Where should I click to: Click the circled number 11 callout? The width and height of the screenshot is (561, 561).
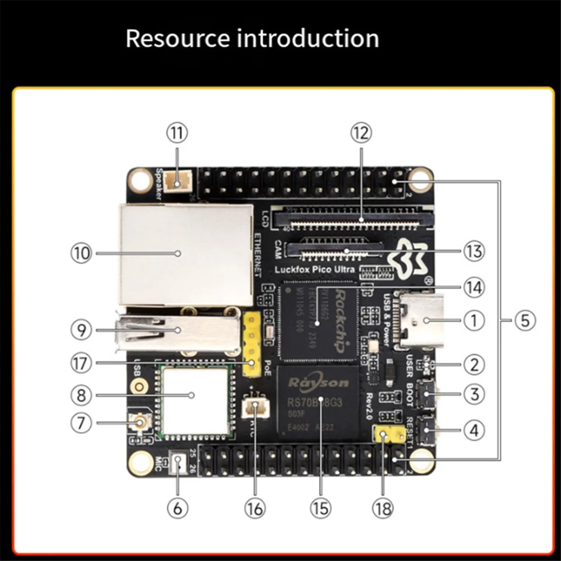click(177, 133)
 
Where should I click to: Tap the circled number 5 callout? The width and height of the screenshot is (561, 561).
click(525, 321)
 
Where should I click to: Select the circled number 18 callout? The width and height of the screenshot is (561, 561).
click(383, 508)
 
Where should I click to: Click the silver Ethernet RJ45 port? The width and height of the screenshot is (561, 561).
click(186, 255)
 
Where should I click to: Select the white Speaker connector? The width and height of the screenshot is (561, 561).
click(177, 181)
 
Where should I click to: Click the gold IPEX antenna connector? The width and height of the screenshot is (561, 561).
click(140, 424)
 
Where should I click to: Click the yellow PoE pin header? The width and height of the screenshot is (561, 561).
click(252, 345)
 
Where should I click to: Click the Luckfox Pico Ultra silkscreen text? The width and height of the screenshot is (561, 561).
click(315, 270)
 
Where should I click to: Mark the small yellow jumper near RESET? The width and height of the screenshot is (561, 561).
click(389, 435)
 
